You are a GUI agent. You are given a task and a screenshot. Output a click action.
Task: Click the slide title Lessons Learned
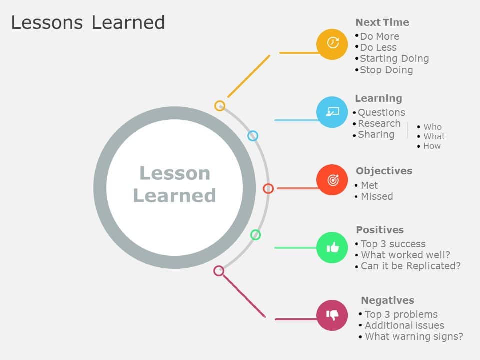click(x=88, y=23)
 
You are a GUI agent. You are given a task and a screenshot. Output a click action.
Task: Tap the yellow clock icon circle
click(x=332, y=44)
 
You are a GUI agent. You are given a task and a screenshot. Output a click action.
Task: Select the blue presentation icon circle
click(x=332, y=112)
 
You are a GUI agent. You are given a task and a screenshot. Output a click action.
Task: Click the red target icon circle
click(x=332, y=180)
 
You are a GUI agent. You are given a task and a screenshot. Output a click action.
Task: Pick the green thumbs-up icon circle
click(x=332, y=247)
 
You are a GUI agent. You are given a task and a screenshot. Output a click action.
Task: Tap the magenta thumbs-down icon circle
click(x=332, y=315)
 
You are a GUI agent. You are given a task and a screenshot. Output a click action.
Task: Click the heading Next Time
click(x=382, y=22)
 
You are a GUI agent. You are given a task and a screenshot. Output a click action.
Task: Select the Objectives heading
click(x=384, y=171)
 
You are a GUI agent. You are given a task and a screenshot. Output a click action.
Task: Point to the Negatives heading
click(x=387, y=300)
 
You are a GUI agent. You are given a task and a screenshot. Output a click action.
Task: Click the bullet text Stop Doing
click(x=386, y=70)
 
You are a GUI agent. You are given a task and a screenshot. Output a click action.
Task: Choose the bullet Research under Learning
click(x=379, y=123)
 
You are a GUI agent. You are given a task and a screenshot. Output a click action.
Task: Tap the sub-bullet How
click(x=432, y=146)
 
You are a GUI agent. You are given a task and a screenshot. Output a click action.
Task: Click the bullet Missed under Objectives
click(x=377, y=196)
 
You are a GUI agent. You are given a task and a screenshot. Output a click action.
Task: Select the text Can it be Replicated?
click(x=410, y=266)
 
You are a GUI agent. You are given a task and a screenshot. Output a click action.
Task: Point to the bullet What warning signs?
click(x=414, y=336)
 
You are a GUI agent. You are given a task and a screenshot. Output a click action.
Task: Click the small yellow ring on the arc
click(x=220, y=106)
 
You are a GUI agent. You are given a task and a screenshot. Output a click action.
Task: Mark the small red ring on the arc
click(x=268, y=188)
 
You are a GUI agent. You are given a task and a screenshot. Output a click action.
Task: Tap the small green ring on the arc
click(x=255, y=235)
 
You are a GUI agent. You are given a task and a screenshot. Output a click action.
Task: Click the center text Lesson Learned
click(x=174, y=184)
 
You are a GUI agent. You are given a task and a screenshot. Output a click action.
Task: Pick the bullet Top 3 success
click(x=393, y=244)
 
